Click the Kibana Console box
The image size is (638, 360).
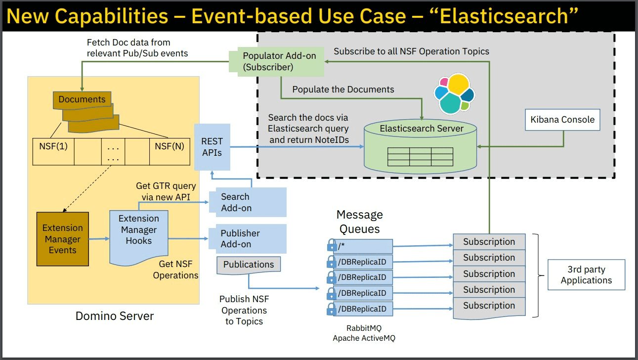point(562,120)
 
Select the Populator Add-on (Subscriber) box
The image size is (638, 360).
point(277,62)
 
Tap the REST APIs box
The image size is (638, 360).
point(212,147)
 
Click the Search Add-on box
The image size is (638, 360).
point(248,202)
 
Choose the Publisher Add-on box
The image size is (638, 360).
point(248,238)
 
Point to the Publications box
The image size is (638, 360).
point(249,265)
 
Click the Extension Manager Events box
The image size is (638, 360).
point(63,239)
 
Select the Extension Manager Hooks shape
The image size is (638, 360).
point(139,236)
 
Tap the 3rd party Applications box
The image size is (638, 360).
point(587,275)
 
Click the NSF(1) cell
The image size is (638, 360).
point(53,152)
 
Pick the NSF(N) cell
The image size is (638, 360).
point(170,152)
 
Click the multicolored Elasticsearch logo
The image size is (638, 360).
point(454,94)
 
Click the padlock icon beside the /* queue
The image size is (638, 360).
point(332,245)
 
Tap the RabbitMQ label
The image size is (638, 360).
point(364,328)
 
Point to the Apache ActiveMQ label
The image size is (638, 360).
point(364,338)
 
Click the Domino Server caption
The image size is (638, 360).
point(115,316)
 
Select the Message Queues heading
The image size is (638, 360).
point(359,222)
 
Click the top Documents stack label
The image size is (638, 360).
point(82,99)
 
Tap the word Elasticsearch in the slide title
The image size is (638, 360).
point(504,16)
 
